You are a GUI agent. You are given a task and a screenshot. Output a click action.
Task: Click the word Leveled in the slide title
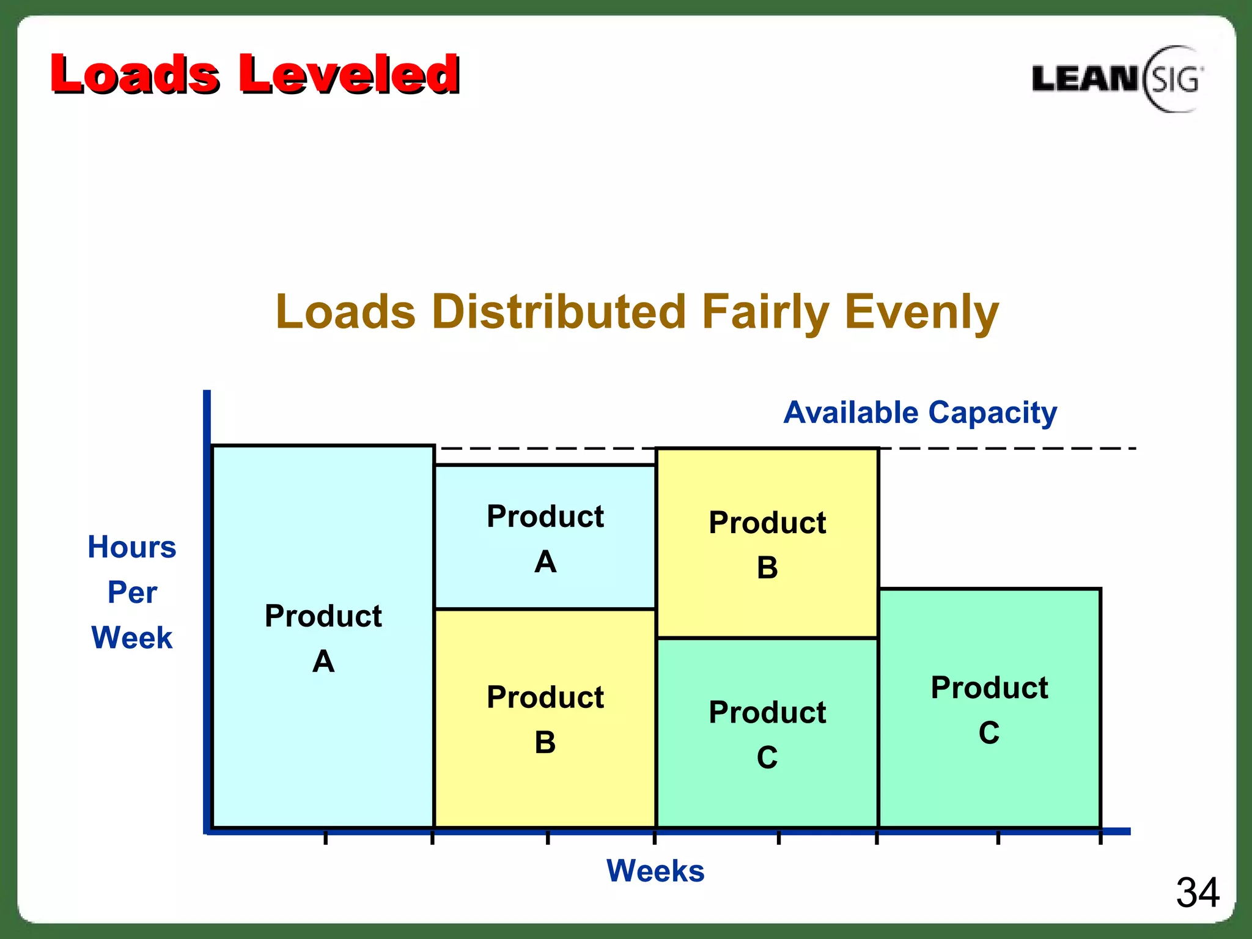click(x=348, y=75)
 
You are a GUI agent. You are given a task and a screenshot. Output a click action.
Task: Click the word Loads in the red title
click(x=134, y=75)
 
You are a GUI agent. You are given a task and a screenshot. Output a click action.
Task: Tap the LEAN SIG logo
click(x=1116, y=79)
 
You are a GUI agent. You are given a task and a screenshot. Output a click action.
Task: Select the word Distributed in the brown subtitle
click(x=559, y=312)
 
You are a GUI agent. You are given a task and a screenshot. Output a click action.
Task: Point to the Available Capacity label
click(x=920, y=413)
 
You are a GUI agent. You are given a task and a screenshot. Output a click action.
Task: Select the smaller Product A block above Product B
click(x=545, y=538)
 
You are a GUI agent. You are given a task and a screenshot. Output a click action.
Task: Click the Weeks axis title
click(x=655, y=871)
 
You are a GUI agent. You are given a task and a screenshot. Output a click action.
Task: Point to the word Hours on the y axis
click(x=132, y=547)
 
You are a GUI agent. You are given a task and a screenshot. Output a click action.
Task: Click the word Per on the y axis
click(x=132, y=592)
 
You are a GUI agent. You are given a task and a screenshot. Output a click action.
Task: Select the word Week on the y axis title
click(x=132, y=638)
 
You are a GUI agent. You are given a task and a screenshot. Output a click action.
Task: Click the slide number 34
click(x=1197, y=893)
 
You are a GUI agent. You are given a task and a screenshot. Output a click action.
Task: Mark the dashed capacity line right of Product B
click(x=1009, y=449)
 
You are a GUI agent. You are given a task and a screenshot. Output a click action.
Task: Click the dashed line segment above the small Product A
click(x=544, y=449)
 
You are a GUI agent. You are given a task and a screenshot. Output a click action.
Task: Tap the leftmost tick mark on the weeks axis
click(x=326, y=837)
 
